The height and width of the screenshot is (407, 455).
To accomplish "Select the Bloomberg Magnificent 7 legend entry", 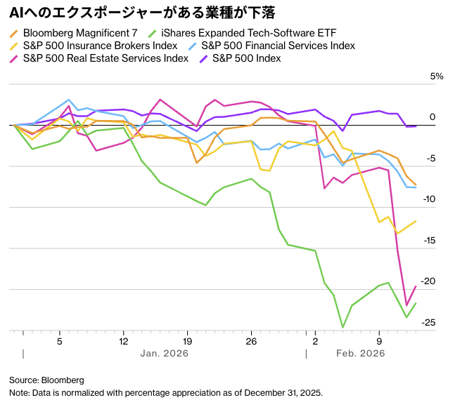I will pos(79,33).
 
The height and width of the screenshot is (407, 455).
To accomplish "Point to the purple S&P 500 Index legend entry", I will pos(246,58).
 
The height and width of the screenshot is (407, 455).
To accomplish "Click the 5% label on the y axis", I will pos(437,76).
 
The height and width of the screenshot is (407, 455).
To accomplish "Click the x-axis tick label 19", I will pos(187,342).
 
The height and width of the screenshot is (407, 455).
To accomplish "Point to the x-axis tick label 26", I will pos(251,342).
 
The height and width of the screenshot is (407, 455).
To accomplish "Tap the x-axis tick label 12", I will pos(123,342).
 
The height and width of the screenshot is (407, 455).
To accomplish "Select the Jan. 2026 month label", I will pos(164,354).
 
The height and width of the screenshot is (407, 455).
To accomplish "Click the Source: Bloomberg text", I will pos(46,380).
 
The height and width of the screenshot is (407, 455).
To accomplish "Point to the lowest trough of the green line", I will pos(342,327).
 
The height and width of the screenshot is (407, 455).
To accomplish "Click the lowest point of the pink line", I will pos(406,305).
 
